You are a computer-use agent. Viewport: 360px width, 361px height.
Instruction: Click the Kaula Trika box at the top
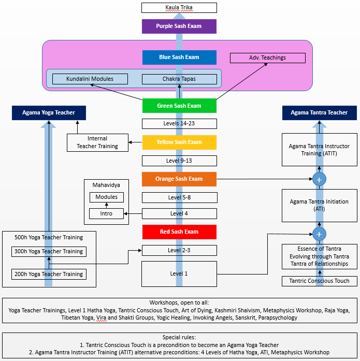179,8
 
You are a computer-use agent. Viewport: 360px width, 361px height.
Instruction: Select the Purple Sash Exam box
179,26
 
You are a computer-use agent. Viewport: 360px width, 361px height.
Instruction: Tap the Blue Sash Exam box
179,57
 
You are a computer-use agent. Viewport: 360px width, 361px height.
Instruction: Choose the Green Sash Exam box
179,106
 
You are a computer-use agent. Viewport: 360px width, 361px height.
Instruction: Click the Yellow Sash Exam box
179,142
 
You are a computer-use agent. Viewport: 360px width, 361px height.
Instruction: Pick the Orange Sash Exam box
179,179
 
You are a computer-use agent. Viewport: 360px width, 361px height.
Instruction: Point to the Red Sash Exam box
179,232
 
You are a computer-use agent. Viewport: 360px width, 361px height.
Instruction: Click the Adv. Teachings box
267,57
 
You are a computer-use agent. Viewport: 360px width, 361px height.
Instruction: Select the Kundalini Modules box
90,79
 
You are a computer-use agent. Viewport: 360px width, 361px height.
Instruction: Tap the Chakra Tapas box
179,79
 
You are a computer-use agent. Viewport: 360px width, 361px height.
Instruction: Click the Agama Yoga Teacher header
49,112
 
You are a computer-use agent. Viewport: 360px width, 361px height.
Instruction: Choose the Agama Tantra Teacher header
319,112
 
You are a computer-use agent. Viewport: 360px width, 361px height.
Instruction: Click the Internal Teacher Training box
97,142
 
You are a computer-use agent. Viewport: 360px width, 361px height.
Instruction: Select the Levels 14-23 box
179,124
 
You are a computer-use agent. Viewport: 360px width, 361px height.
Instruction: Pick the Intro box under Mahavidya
106,213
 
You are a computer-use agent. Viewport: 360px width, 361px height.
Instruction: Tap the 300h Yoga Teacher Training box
49,251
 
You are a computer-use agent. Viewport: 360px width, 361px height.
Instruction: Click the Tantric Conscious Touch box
319,281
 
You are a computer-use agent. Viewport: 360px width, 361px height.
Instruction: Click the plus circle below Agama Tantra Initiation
319,234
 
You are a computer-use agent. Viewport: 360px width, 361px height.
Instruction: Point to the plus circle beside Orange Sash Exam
319,179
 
